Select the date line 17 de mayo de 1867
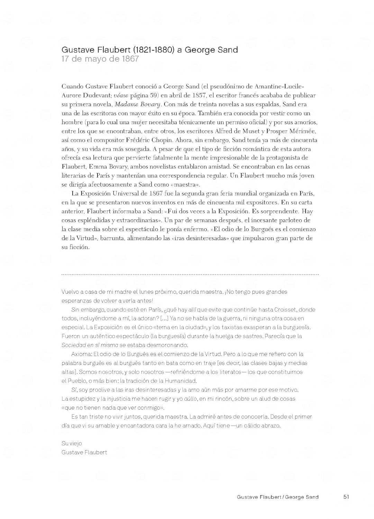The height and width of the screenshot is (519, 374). (x=100, y=59)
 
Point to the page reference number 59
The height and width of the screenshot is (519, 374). (x=154, y=95)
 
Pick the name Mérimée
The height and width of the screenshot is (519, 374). (x=303, y=131)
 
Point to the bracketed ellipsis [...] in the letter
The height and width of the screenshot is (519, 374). (x=164, y=318)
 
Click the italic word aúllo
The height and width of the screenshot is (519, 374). (x=190, y=399)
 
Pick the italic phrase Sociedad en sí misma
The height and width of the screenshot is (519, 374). (x=90, y=345)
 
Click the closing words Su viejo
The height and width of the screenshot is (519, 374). (x=72, y=444)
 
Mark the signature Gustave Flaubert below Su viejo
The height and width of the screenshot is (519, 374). (x=84, y=453)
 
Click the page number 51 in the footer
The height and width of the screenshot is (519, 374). (x=346, y=497)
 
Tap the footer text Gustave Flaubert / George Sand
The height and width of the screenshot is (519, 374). (x=277, y=497)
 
